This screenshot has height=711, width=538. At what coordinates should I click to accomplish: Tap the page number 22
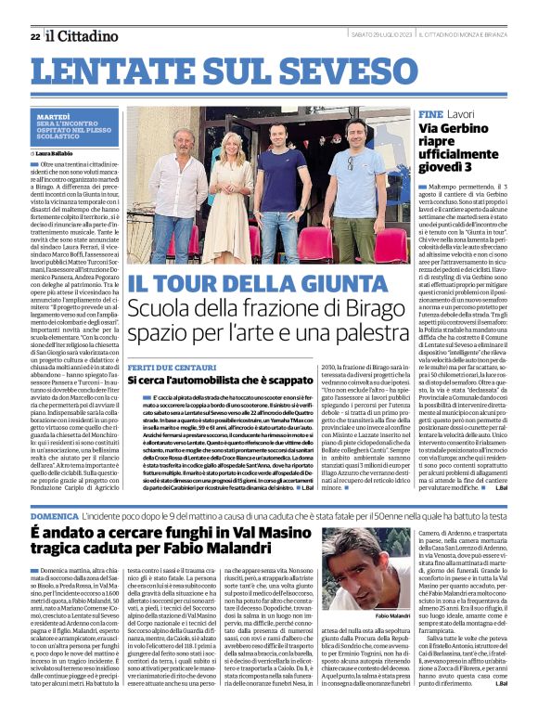click(35, 36)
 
